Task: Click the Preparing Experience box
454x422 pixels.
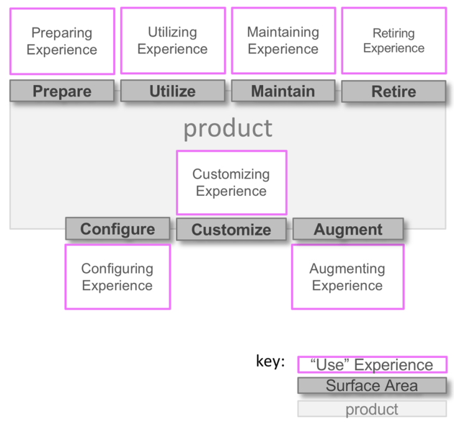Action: click(x=62, y=41)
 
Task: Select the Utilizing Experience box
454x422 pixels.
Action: click(x=173, y=40)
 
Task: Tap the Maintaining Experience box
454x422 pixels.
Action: click(x=283, y=40)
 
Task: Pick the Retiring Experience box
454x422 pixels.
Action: click(x=394, y=40)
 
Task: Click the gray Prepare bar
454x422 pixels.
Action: click(x=62, y=91)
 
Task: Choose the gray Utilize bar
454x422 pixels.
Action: click(x=172, y=91)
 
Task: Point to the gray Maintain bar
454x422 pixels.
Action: click(x=283, y=91)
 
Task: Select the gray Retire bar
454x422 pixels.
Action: click(x=394, y=92)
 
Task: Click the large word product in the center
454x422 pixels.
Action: click(x=228, y=128)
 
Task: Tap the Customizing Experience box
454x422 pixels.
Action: click(x=231, y=183)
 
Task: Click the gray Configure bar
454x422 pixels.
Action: click(x=118, y=229)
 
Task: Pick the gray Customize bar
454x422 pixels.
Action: click(x=231, y=229)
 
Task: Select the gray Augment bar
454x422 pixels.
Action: click(x=348, y=229)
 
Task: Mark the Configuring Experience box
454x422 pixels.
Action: click(x=118, y=277)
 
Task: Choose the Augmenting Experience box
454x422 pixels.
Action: click(x=347, y=277)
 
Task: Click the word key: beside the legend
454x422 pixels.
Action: click(x=271, y=361)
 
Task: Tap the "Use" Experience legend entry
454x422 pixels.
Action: click(x=372, y=365)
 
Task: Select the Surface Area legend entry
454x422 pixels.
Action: click(x=372, y=386)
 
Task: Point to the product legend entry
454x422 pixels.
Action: click(x=372, y=409)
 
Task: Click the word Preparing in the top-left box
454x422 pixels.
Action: click(x=62, y=33)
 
